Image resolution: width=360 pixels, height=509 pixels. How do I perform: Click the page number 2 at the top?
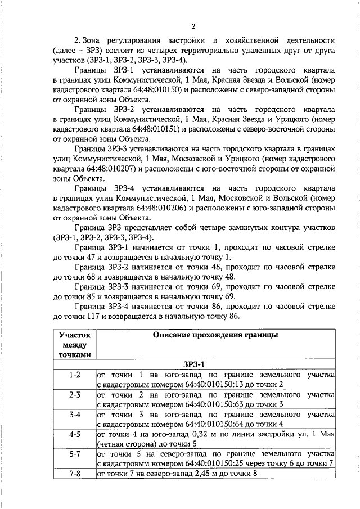[x=193, y=26]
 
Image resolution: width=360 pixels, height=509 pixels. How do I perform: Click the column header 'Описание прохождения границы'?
[x=215, y=335]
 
